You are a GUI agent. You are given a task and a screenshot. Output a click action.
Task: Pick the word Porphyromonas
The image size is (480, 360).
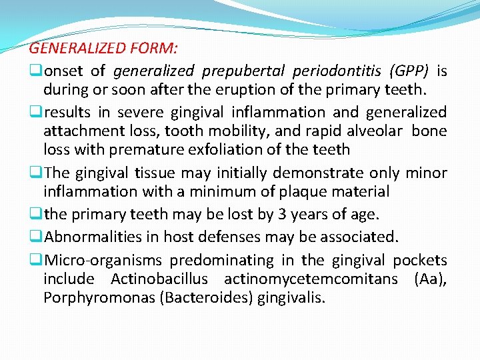99,297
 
